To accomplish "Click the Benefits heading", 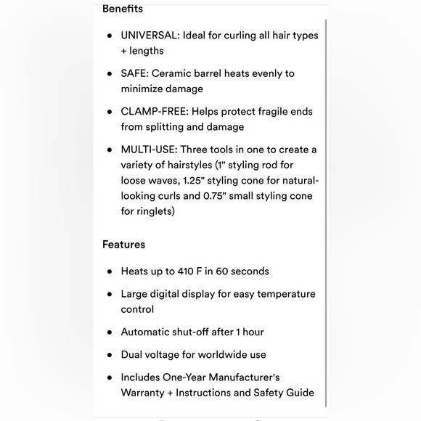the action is [x=123, y=9].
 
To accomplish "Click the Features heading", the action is [x=123, y=245].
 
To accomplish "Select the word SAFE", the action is [x=135, y=73].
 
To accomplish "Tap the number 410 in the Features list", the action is [x=186, y=271].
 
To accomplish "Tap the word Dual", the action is [x=134, y=355].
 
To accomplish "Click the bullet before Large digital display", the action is [x=109, y=295].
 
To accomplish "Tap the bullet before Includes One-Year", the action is [x=109, y=378].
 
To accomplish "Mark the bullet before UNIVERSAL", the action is [x=109, y=36].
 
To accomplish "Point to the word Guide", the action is [x=300, y=393].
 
